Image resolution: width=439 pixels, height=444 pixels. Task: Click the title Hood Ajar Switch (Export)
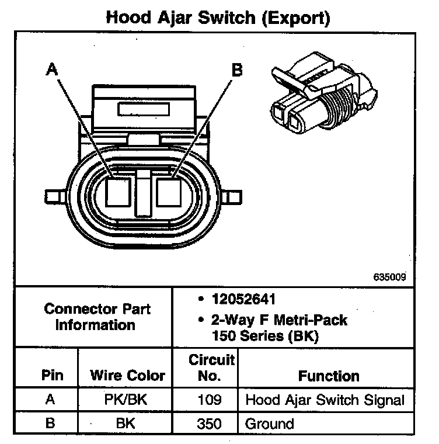click(218, 18)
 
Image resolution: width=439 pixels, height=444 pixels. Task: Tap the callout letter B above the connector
click(236, 70)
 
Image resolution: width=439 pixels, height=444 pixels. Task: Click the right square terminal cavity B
click(170, 190)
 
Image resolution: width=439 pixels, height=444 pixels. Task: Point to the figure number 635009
click(390, 277)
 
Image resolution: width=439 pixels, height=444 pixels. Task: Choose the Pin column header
click(53, 375)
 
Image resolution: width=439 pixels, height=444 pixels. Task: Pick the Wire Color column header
click(127, 375)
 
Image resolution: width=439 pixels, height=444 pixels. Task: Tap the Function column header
click(329, 375)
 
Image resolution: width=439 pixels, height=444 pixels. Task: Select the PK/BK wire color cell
click(127, 400)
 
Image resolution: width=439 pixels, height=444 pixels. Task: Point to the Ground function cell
click(269, 422)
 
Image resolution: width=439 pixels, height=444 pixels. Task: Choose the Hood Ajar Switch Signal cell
click(325, 400)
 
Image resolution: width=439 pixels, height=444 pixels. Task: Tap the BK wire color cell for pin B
click(127, 422)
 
